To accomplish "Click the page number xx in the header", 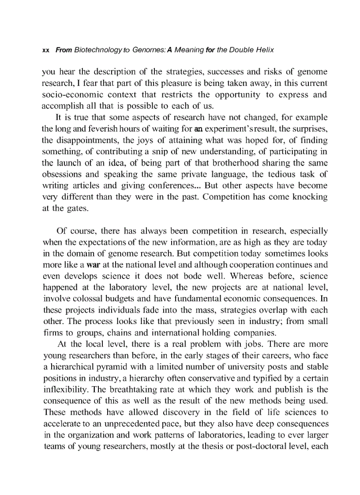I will tap(44, 50).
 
